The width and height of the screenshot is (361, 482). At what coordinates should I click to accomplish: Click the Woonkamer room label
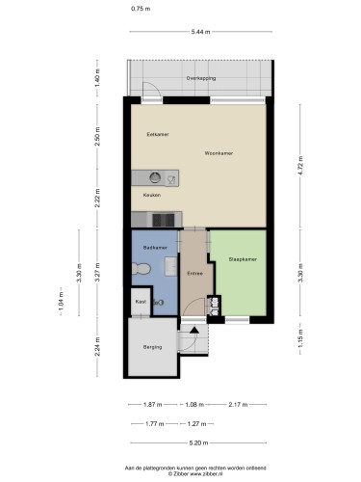[219, 153]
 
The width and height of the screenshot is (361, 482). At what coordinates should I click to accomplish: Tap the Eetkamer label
[158, 134]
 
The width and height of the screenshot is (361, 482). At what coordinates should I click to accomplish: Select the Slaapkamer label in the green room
[243, 259]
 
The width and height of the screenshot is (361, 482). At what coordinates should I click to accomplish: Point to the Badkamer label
[155, 248]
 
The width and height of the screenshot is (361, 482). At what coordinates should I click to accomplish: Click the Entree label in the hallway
[195, 274]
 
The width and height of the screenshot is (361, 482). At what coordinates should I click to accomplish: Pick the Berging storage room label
[152, 347]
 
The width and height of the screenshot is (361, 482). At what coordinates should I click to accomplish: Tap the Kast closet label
[141, 302]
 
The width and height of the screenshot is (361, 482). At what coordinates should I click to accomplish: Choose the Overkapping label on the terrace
[201, 78]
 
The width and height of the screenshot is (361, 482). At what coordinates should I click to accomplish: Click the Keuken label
[152, 195]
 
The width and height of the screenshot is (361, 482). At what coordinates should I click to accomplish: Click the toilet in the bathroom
[142, 269]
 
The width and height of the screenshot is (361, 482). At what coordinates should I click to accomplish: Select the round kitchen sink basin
[155, 177]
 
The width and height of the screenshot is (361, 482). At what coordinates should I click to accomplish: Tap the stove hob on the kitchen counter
[164, 220]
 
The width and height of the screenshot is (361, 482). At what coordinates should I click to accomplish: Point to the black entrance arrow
[194, 330]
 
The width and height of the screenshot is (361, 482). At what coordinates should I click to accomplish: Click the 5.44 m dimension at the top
[200, 32]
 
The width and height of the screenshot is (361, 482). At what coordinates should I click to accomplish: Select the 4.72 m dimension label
[300, 166]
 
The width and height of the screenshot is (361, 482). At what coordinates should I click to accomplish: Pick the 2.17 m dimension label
[238, 405]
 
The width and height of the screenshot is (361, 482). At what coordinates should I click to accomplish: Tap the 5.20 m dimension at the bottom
[198, 443]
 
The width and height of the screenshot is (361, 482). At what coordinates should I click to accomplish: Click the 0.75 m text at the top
[141, 9]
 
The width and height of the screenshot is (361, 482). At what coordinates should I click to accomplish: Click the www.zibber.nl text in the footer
[207, 473]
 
